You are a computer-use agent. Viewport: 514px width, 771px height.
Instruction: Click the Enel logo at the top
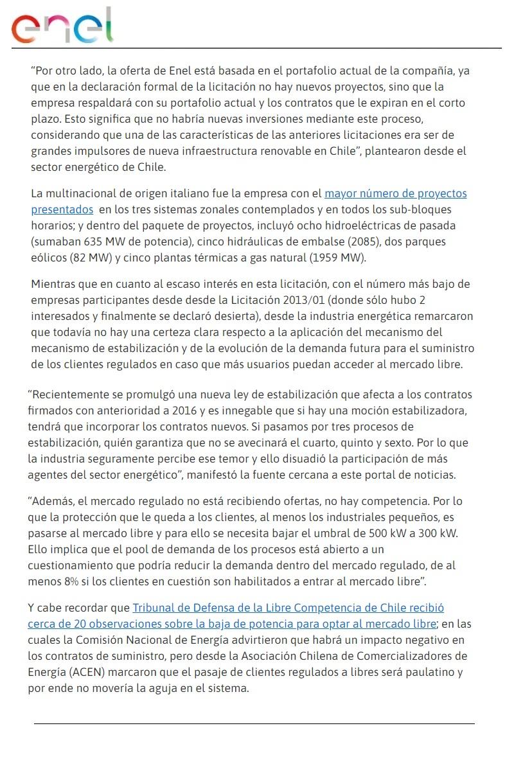tap(62, 26)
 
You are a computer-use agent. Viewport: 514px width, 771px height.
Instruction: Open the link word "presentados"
tap(62, 209)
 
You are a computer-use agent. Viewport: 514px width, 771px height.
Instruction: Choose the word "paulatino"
tap(438, 672)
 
